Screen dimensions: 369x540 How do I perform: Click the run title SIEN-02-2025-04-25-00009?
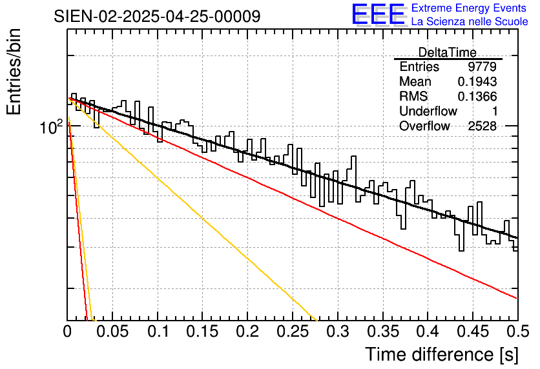[x=157, y=16]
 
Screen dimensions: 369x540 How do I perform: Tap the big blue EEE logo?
[x=378, y=14]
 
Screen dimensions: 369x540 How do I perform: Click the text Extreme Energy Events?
[x=469, y=8]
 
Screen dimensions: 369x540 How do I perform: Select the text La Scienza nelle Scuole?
[x=469, y=22]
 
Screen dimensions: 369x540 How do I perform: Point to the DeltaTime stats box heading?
[x=448, y=52]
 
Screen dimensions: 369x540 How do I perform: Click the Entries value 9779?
[x=483, y=67]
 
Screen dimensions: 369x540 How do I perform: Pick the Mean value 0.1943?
[x=477, y=82]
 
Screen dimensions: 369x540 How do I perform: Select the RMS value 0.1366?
[x=477, y=97]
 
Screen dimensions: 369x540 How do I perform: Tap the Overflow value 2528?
[x=483, y=126]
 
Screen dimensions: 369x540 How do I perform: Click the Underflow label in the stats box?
[x=428, y=112]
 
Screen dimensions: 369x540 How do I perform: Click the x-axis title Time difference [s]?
[x=441, y=354]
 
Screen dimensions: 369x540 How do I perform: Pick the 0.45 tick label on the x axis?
[x=472, y=334]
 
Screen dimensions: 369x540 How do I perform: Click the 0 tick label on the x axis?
[x=68, y=334]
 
